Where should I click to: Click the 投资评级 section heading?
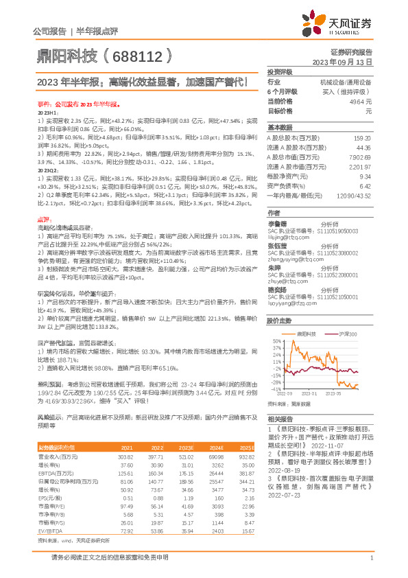[x=280, y=71]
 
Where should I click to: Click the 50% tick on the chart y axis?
[x=276, y=340]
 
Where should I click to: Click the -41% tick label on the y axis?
[x=276, y=391]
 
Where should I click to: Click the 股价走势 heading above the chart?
[x=280, y=321]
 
